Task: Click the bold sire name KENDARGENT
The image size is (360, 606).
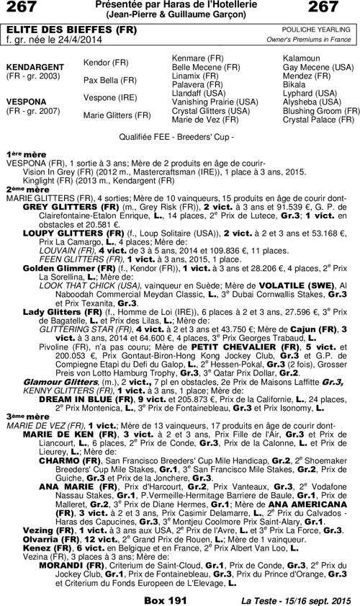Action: click(32, 66)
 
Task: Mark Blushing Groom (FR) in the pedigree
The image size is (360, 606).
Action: click(321, 111)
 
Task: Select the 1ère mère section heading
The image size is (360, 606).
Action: click(21, 155)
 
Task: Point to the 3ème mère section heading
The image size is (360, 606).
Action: click(22, 416)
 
